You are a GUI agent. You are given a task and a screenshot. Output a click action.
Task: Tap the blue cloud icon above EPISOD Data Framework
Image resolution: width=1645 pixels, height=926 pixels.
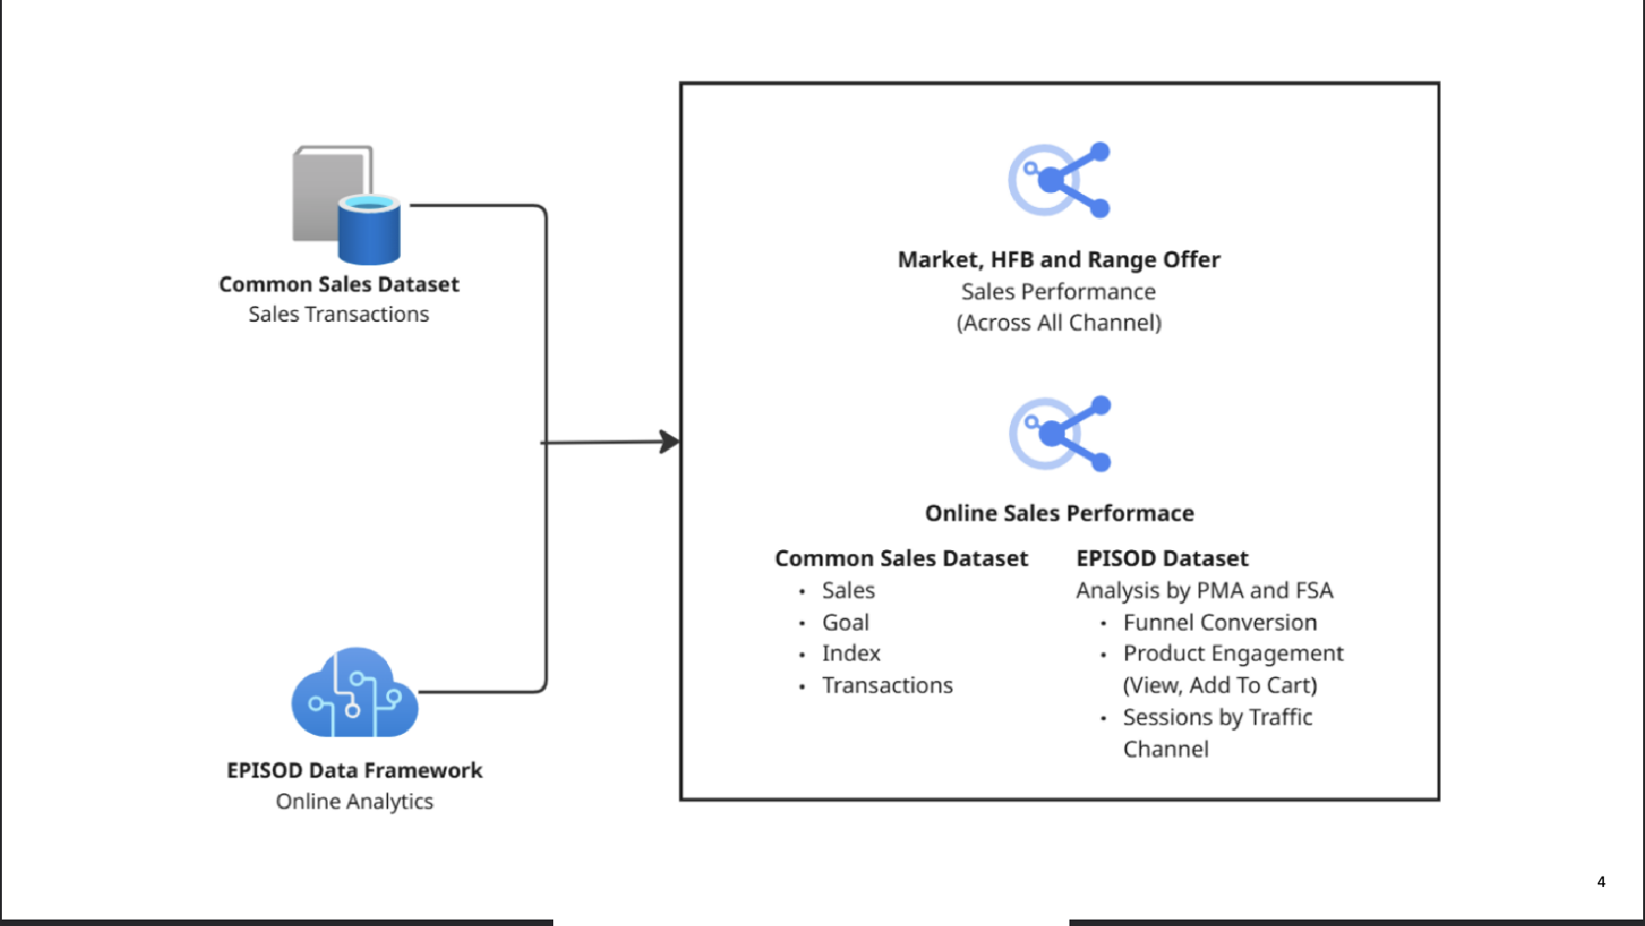click(x=355, y=695)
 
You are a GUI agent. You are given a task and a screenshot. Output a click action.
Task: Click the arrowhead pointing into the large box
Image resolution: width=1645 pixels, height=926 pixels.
click(x=669, y=442)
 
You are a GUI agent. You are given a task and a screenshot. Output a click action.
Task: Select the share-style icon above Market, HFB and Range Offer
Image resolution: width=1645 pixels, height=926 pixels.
click(x=1059, y=180)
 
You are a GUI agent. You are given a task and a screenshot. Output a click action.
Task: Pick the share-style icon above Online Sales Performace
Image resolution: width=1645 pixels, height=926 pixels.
click(x=1059, y=434)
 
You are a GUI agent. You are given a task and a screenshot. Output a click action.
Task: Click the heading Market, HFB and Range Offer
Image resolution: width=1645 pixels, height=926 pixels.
click(x=1058, y=260)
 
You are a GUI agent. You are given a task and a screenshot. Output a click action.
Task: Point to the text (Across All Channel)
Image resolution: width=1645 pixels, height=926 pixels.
click(x=1058, y=323)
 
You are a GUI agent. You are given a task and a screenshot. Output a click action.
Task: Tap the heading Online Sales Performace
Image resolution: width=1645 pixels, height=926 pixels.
click(x=1058, y=513)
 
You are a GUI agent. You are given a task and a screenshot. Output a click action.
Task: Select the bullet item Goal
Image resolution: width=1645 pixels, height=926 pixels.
click(x=845, y=623)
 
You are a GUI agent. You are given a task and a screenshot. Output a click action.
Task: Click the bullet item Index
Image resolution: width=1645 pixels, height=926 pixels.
click(x=850, y=653)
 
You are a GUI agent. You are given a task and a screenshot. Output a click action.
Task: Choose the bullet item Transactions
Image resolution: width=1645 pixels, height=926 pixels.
click(x=887, y=686)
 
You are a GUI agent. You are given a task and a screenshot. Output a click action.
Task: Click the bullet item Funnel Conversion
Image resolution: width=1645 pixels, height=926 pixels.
click(x=1219, y=623)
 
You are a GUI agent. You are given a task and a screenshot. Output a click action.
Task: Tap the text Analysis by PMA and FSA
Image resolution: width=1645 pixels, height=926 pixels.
click(x=1204, y=591)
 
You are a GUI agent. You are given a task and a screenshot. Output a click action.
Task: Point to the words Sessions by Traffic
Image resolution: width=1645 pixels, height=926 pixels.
click(x=1217, y=717)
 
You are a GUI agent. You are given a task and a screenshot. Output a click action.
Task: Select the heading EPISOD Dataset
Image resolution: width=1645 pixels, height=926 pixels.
click(x=1161, y=559)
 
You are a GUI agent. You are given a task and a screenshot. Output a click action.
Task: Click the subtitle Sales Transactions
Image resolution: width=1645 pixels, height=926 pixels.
click(x=338, y=315)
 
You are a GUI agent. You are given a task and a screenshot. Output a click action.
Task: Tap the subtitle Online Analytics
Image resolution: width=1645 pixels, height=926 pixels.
click(x=354, y=802)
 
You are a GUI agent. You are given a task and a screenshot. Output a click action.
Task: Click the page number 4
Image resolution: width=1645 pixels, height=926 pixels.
click(x=1600, y=881)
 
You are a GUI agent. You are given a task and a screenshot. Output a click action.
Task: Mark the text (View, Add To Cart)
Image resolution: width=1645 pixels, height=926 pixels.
click(x=1219, y=686)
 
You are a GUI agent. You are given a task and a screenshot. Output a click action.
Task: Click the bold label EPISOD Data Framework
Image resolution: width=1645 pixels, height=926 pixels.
click(x=354, y=770)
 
